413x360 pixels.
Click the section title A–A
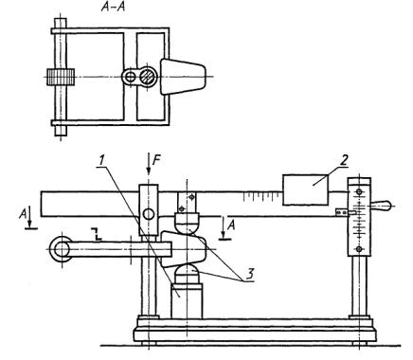(x=113, y=7)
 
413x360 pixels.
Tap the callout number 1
(x=100, y=161)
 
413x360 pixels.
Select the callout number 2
(x=344, y=160)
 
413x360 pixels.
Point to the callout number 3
(x=249, y=274)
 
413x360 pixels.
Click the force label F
(x=156, y=161)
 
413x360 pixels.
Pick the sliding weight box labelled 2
(x=305, y=190)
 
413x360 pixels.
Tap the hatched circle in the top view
(x=148, y=77)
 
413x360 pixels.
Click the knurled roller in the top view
(x=61, y=77)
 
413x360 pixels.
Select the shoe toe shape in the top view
(x=183, y=77)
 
